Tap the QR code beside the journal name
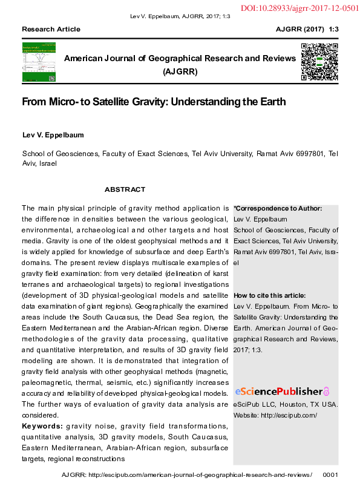click(x=319, y=62)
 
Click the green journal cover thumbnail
click(x=39, y=62)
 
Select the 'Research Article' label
click(x=51, y=29)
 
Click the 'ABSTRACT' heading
click(x=125, y=189)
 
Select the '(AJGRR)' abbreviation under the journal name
click(x=180, y=71)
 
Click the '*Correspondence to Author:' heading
click(x=278, y=209)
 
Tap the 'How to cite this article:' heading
click(x=270, y=295)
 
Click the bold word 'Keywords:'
click(x=42, y=426)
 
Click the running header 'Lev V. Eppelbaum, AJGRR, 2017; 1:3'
click(x=180, y=16)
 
